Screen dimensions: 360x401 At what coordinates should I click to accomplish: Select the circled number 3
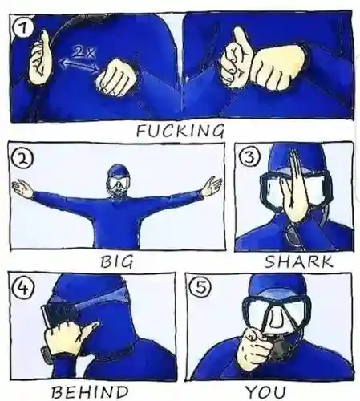[x=249, y=158]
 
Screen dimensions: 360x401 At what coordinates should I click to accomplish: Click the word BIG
[x=117, y=261]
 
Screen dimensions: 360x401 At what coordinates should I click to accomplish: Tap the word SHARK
[x=298, y=261]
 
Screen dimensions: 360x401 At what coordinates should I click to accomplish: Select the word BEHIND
[x=90, y=392]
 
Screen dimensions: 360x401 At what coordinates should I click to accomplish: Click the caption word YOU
[x=265, y=392]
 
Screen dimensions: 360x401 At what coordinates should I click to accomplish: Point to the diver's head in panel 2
[x=119, y=179]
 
